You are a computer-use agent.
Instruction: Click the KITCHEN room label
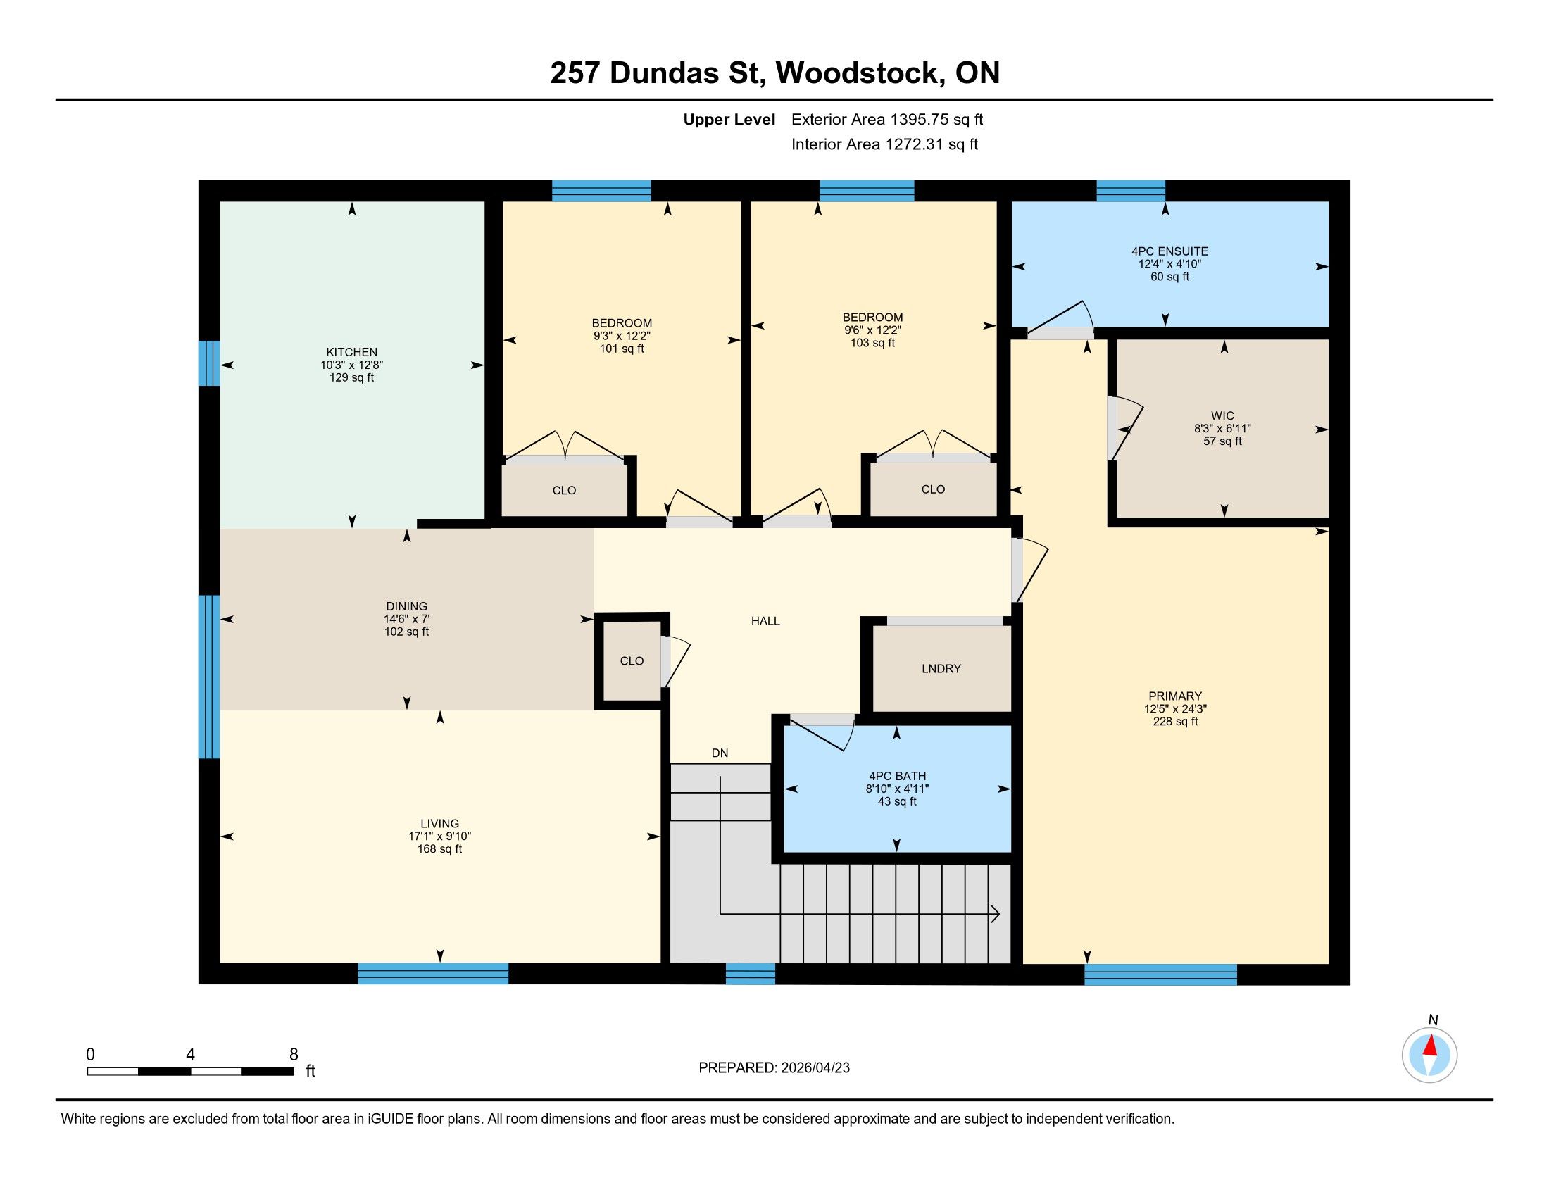351,353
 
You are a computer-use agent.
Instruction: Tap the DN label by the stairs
720,753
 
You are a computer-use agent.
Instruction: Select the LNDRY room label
941,669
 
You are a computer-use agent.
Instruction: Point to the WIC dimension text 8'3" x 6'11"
1222,428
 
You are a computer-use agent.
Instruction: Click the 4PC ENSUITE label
1169,251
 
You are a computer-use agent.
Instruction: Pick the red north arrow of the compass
1431,1046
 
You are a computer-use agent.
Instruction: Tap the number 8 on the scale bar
294,1055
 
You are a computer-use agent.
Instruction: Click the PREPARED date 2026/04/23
814,1068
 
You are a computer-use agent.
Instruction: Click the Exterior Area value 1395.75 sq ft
937,120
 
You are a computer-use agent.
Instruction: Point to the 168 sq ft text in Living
440,849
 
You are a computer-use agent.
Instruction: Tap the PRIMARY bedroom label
1175,696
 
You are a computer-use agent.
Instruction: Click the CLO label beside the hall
632,661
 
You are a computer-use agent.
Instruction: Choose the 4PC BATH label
897,777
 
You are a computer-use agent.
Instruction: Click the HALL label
765,621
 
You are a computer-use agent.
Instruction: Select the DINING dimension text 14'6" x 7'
407,619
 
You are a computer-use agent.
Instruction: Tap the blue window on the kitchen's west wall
209,363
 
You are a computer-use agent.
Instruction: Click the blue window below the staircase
751,974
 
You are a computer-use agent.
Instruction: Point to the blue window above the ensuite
1131,191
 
